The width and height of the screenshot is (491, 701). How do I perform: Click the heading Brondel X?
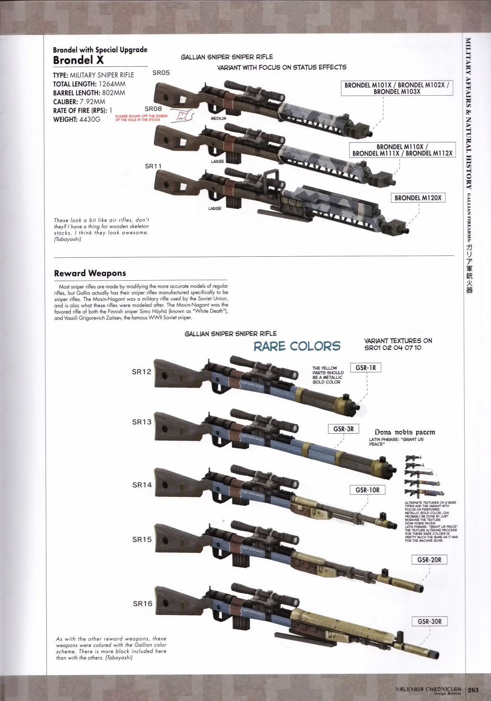click(78, 60)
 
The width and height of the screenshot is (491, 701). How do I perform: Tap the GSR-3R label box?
click(343, 429)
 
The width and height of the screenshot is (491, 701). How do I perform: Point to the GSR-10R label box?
click(367, 490)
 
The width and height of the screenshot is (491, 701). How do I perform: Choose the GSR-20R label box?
click(429, 560)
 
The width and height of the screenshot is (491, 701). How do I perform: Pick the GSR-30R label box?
click(429, 622)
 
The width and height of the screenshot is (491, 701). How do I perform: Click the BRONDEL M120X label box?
click(418, 198)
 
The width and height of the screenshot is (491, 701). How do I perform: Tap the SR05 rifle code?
click(161, 73)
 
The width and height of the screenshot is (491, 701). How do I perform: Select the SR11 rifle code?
click(153, 166)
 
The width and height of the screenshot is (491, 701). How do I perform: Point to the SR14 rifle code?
click(142, 485)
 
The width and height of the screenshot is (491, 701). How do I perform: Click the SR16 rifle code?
click(142, 603)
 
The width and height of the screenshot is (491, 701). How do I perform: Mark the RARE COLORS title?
click(296, 346)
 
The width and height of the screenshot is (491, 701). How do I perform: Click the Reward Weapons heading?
click(90, 274)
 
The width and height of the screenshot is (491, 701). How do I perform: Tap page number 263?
click(473, 690)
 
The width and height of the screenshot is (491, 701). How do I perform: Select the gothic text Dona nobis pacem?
click(404, 432)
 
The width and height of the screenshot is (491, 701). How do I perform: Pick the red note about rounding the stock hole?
click(142, 118)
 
